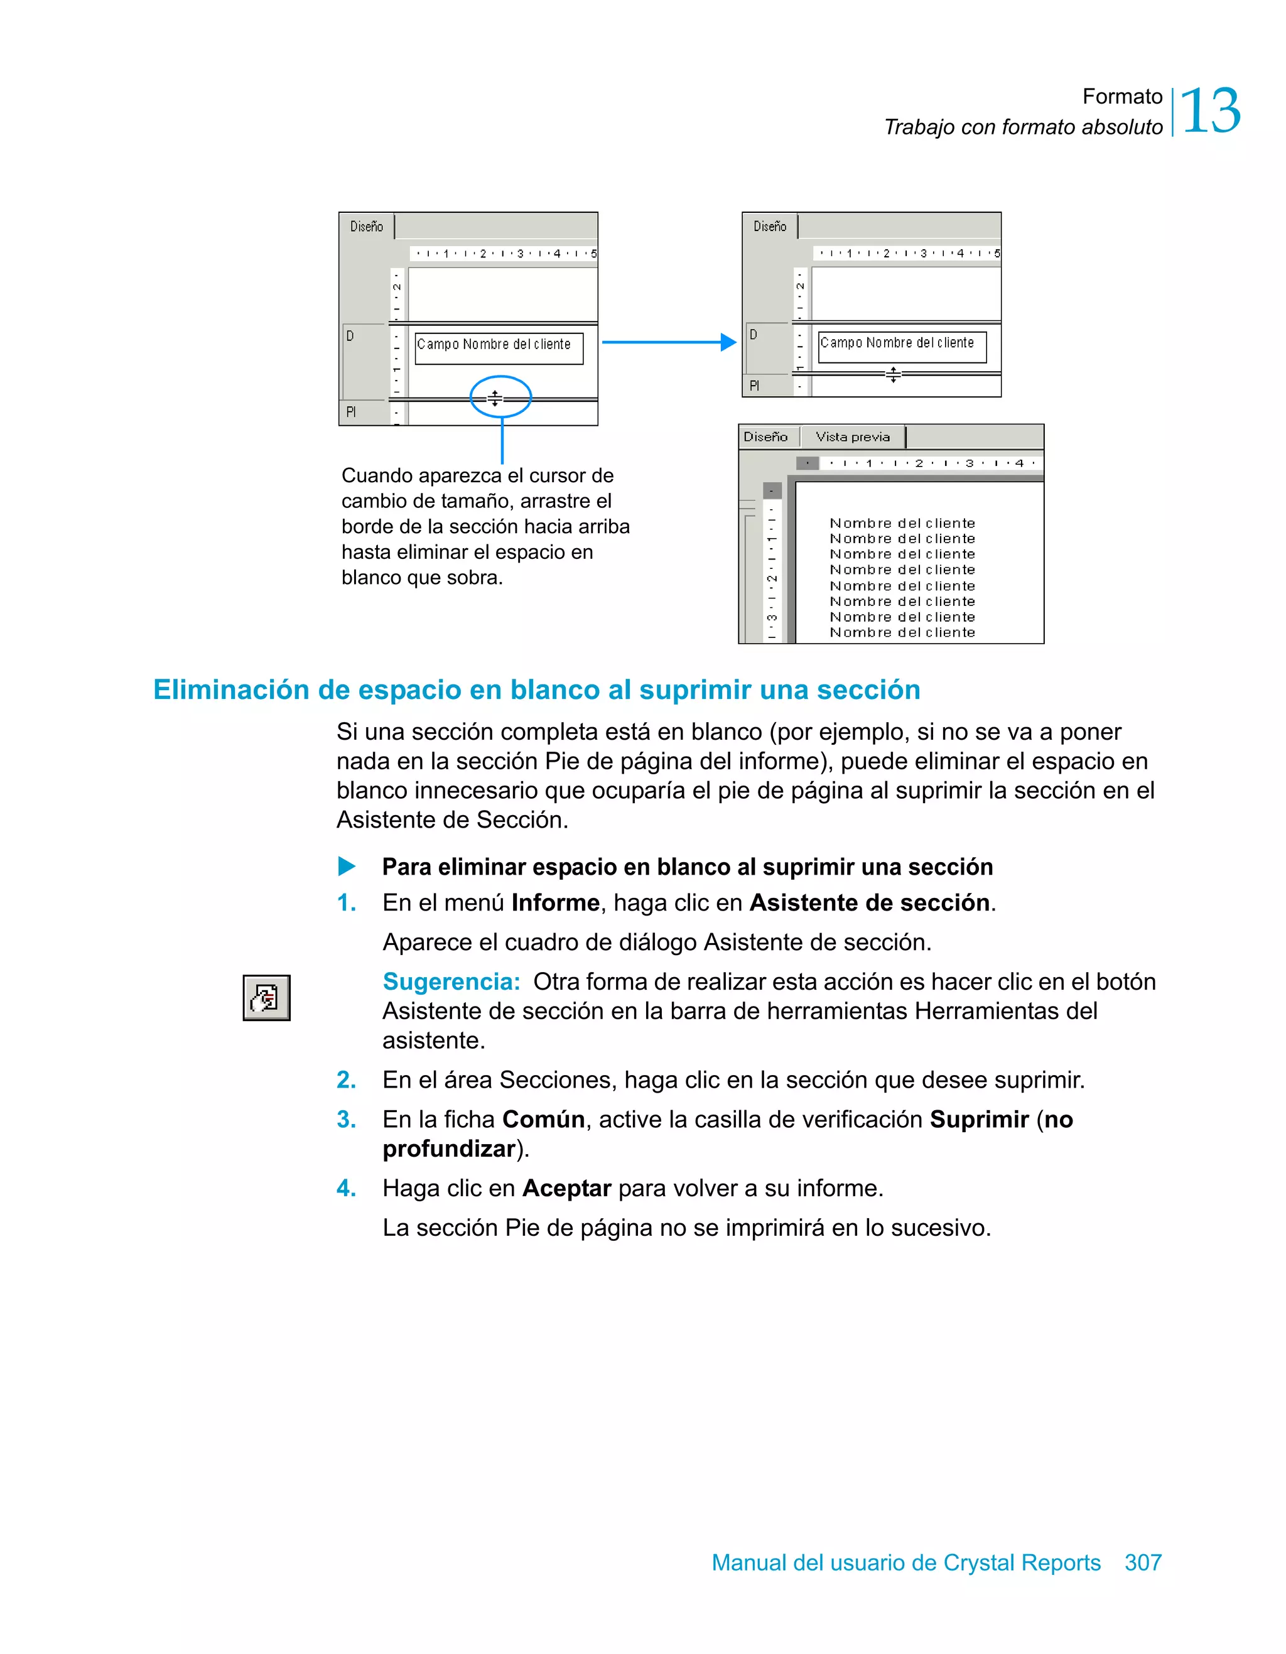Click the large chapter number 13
1209,111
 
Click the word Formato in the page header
1121,97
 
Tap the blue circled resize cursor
495,398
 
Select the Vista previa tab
852,437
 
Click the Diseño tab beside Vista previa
765,437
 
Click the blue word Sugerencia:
451,981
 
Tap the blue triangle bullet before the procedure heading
346,866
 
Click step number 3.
346,1120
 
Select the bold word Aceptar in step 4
566,1188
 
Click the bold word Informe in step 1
555,903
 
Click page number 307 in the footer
1142,1562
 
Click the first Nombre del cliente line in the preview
902,523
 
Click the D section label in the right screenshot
754,335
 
